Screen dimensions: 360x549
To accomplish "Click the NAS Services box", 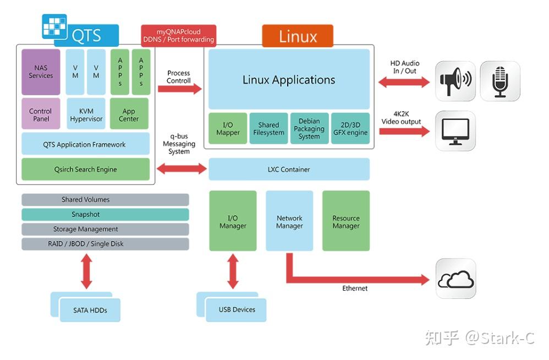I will click(41, 72).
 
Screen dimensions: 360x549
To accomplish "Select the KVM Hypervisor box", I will click(86, 114).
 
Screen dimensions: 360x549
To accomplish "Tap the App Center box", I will click(129, 114).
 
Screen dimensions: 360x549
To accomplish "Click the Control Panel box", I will click(41, 114).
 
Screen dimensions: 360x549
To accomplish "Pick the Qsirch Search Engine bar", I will click(85, 170).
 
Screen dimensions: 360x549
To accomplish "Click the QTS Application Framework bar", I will click(85, 144).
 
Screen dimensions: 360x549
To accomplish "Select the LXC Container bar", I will click(289, 170).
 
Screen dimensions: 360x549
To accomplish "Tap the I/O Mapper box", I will click(228, 129).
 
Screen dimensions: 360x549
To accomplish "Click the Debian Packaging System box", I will click(309, 129).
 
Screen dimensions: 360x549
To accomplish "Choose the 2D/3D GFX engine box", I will click(350, 129).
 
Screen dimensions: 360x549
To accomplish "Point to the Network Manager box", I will click(289, 221).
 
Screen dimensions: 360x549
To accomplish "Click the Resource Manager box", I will click(346, 221).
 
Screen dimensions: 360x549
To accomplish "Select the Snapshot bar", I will click(105, 214).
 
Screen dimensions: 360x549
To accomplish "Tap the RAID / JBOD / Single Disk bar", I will click(105, 244).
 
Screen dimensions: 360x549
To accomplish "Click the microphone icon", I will click(500, 81).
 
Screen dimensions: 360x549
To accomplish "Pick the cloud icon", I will click(455, 279).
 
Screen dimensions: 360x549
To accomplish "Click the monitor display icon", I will click(455, 131).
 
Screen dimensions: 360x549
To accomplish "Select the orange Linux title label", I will click(298, 36).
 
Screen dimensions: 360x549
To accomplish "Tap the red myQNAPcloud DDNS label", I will click(179, 36).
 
